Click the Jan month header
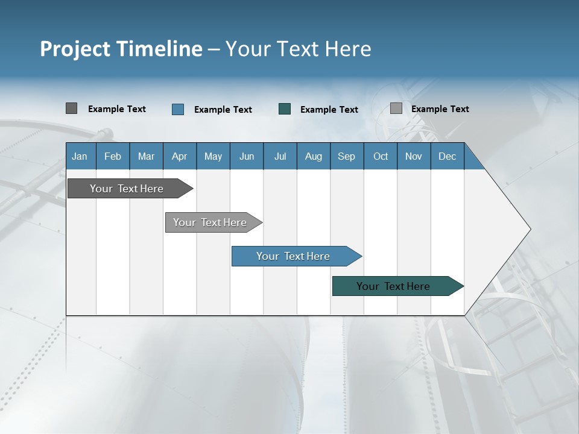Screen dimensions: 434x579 pyautogui.click(x=80, y=157)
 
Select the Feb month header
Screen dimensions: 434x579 pyautogui.click(x=113, y=157)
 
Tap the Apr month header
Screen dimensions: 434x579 pyautogui.click(x=179, y=157)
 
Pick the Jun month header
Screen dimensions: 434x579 pyautogui.click(x=247, y=157)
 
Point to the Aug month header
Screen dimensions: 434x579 pyautogui.click(x=313, y=157)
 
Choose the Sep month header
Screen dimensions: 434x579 pyautogui.click(x=346, y=157)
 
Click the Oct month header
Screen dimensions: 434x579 pyautogui.click(x=381, y=157)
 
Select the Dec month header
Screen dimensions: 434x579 pyautogui.click(x=447, y=157)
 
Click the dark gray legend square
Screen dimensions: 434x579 pyautogui.click(x=71, y=108)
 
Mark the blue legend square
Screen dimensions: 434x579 pyautogui.click(x=178, y=109)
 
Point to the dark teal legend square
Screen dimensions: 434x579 pyautogui.click(x=285, y=109)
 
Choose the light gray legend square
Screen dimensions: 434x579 pyautogui.click(x=396, y=108)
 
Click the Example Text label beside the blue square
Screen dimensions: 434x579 pyautogui.click(x=223, y=110)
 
